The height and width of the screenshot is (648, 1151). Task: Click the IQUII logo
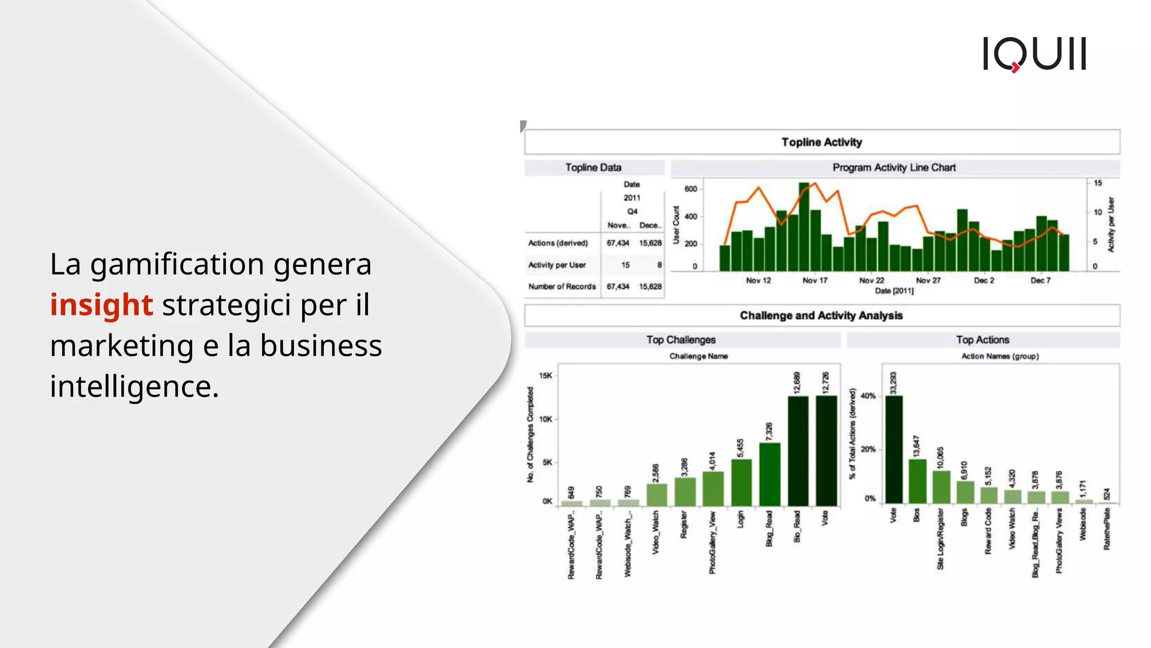pos(1034,54)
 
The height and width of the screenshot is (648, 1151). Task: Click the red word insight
pos(101,305)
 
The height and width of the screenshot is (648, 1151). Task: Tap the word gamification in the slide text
pos(177,264)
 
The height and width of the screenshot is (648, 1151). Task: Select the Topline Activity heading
pos(821,142)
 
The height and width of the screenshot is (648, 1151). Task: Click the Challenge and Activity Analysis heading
pos(821,316)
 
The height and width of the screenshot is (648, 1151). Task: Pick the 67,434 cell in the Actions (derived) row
pos(618,243)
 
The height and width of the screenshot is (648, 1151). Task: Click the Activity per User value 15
pos(626,265)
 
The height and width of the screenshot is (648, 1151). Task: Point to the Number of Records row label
pos(561,286)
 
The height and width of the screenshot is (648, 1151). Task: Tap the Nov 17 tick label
pos(815,280)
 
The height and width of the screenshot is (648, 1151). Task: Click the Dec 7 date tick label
pos(1040,280)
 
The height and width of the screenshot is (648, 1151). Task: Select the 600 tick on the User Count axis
pos(691,189)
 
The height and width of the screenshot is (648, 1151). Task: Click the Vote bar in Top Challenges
pos(826,450)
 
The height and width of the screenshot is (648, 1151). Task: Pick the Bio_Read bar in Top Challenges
pos(797,450)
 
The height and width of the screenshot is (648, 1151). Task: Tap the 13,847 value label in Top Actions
pos(917,446)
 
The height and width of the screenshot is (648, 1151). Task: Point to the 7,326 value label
pos(769,431)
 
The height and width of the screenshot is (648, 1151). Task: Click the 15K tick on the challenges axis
pos(546,376)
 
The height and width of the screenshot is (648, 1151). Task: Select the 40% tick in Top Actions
pos(868,396)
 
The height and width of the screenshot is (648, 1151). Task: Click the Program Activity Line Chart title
pos(894,168)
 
